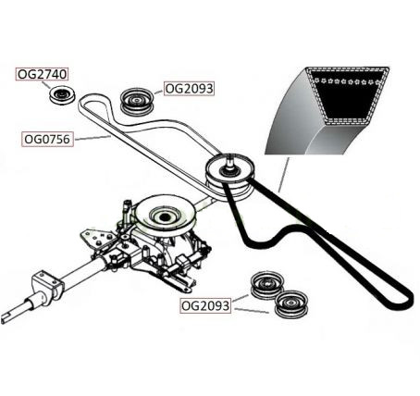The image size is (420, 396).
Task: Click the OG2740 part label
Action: (x=42, y=74)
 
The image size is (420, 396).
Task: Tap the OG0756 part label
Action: (x=47, y=139)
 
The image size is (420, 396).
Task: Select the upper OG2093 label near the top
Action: (x=189, y=89)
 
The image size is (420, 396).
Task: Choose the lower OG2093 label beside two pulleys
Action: (x=205, y=306)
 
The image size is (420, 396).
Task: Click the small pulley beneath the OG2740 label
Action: (x=62, y=95)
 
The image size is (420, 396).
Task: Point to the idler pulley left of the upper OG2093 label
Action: (x=136, y=102)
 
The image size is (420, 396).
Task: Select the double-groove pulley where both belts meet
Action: (x=230, y=177)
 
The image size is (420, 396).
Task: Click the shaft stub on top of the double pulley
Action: (x=229, y=161)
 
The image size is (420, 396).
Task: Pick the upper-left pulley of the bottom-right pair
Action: (x=266, y=285)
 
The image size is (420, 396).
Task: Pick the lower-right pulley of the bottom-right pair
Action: (x=290, y=304)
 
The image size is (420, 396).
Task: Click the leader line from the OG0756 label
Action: (x=93, y=138)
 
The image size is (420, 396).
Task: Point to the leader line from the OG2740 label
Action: (x=45, y=85)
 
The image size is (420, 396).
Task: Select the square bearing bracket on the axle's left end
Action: (x=47, y=287)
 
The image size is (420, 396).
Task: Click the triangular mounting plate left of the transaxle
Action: (x=95, y=239)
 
